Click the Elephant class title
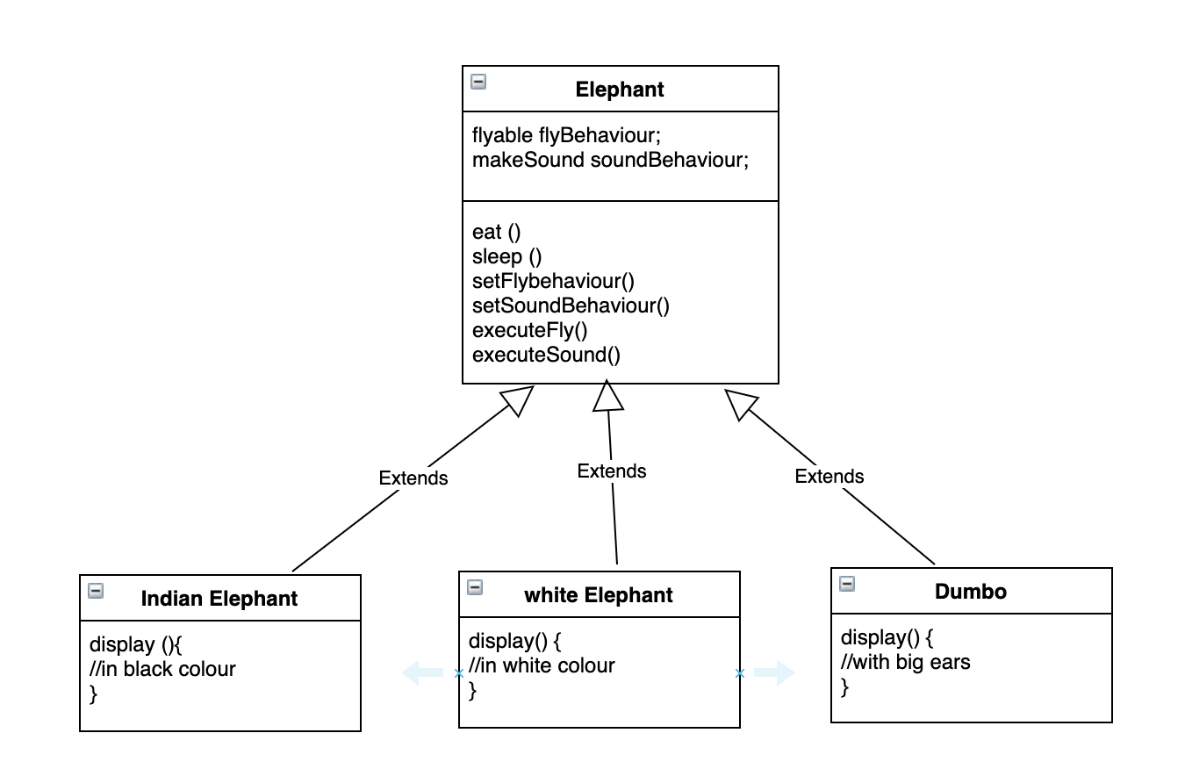click(620, 90)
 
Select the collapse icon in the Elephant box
click(478, 83)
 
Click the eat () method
click(496, 232)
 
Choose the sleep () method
click(506, 256)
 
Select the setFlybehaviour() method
click(553, 281)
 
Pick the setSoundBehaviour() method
click(571, 305)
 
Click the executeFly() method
click(529, 330)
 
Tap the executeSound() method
click(546, 355)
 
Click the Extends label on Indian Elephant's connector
click(413, 478)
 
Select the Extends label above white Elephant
click(612, 471)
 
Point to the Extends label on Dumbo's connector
click(829, 477)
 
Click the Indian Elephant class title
click(219, 599)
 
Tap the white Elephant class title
click(598, 595)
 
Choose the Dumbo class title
click(971, 592)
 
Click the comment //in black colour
click(162, 669)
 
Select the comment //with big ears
click(905, 662)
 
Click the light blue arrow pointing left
click(422, 673)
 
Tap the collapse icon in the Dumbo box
click(847, 584)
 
